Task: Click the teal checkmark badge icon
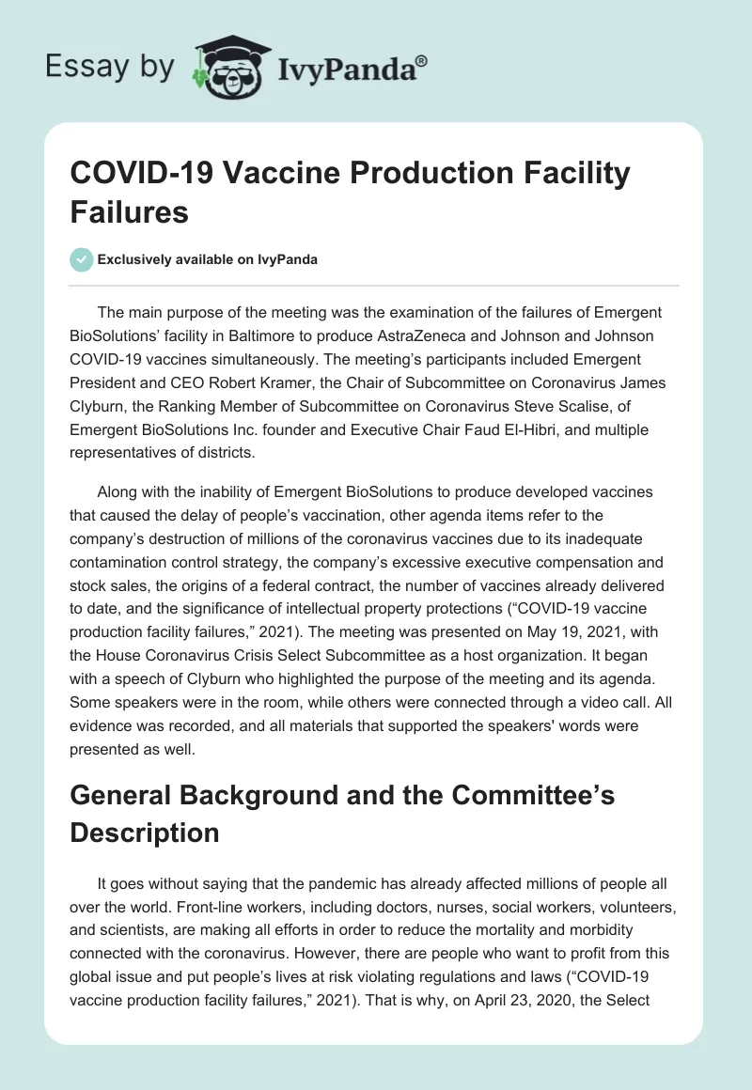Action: tap(82, 259)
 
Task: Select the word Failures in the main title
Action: tap(130, 211)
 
